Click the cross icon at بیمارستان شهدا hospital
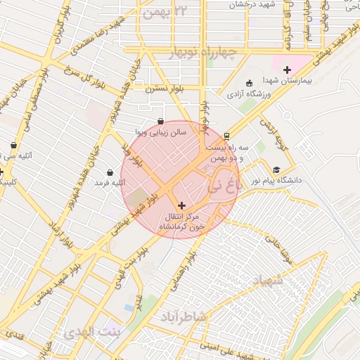(x=287, y=69)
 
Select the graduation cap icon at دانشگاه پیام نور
(x=276, y=169)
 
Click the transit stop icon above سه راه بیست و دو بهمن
(x=226, y=136)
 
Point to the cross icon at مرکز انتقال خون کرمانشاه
(x=182, y=205)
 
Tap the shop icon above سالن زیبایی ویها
(x=162, y=121)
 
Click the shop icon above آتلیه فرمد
(x=110, y=172)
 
